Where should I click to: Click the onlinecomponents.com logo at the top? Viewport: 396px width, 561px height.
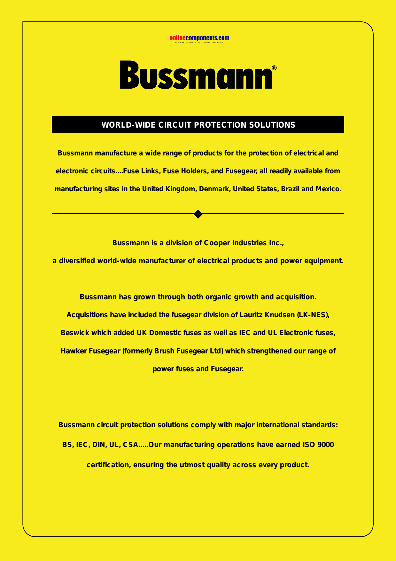(x=199, y=39)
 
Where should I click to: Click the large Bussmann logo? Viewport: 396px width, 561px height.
(x=196, y=75)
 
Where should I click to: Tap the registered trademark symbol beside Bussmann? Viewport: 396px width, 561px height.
(x=274, y=68)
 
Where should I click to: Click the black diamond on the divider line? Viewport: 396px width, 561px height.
(x=198, y=214)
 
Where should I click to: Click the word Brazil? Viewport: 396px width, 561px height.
(x=290, y=189)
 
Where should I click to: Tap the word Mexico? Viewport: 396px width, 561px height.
(x=329, y=189)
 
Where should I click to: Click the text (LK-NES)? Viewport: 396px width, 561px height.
(x=313, y=315)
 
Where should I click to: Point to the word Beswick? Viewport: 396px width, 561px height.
(x=75, y=333)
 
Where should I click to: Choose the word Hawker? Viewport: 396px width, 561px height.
(x=74, y=351)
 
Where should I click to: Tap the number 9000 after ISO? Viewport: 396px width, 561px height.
(x=326, y=445)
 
